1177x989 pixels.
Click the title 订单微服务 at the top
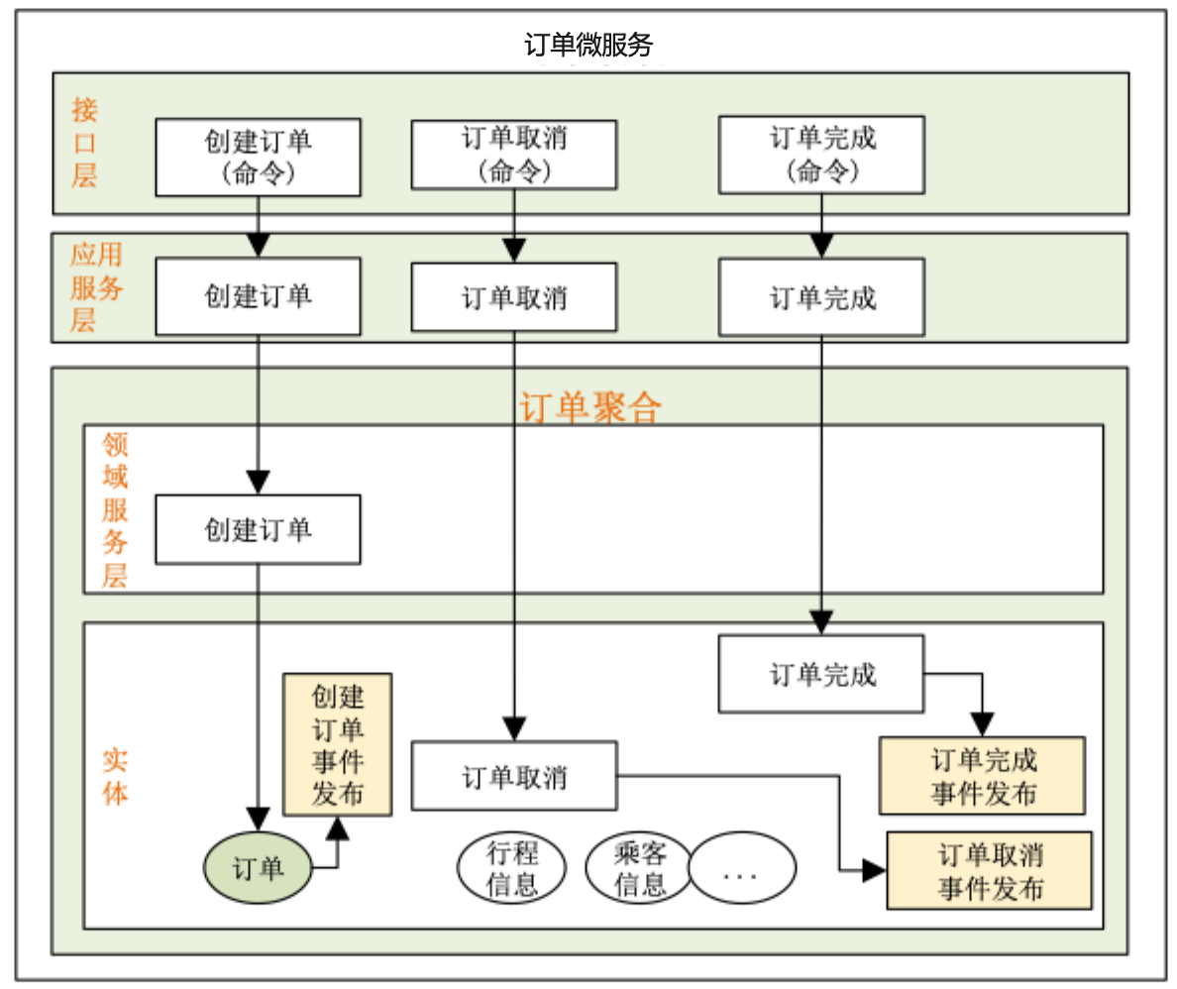coord(588,45)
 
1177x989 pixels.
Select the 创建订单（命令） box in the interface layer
coord(259,157)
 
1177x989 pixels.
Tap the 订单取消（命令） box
coord(513,154)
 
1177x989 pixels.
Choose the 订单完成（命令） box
coord(821,154)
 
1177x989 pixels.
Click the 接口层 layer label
coord(85,143)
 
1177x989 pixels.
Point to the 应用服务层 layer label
coord(96,287)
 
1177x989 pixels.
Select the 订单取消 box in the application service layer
coord(513,297)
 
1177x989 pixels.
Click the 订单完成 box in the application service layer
coord(821,297)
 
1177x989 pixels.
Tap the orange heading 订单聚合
coord(589,407)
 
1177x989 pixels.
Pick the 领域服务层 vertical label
coord(115,509)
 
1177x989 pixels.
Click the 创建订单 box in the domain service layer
coord(258,530)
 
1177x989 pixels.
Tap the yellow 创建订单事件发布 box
coord(338,744)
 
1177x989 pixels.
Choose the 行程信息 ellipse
coord(512,868)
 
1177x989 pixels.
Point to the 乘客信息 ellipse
coord(639,868)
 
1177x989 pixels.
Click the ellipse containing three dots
coord(742,868)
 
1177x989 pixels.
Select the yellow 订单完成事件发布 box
coord(982,776)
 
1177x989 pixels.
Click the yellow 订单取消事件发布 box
coord(989,870)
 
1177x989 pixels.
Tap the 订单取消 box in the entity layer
coord(513,776)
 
